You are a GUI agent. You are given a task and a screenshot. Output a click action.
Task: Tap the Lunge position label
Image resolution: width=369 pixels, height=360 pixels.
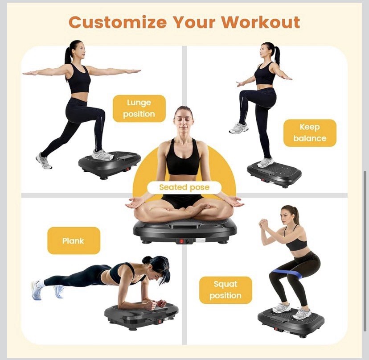click(x=139, y=108)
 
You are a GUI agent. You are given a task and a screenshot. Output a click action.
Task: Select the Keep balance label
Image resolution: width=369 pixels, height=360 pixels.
click(x=310, y=132)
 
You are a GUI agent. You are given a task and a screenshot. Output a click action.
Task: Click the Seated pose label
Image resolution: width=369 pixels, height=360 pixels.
click(x=184, y=187)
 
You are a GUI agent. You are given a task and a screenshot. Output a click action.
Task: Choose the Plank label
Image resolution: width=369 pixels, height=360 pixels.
click(x=74, y=241)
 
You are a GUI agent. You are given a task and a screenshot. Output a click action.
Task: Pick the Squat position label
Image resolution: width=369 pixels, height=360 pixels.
click(x=225, y=290)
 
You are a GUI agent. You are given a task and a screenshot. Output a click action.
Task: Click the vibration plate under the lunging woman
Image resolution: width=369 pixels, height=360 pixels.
click(x=110, y=163)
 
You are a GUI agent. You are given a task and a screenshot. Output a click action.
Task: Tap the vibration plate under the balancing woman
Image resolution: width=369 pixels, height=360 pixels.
click(x=275, y=174)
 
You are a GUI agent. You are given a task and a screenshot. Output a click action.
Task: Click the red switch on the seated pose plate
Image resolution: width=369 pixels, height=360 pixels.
click(x=181, y=241)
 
